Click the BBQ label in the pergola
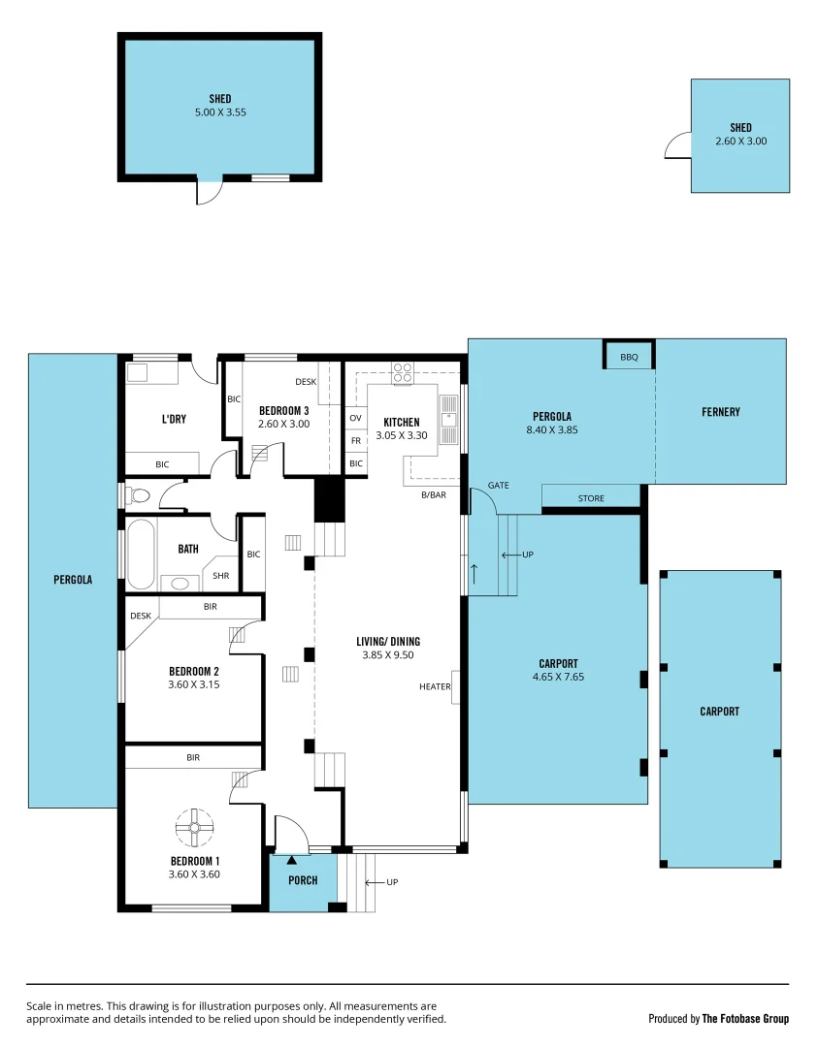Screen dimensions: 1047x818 (x=629, y=357)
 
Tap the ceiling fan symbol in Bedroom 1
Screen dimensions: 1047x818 (x=193, y=827)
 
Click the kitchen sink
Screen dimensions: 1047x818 (x=448, y=413)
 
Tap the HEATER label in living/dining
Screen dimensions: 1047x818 (x=435, y=686)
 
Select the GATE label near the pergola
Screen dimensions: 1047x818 (x=498, y=485)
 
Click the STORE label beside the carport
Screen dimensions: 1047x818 (x=591, y=498)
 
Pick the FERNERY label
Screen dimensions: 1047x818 (x=720, y=412)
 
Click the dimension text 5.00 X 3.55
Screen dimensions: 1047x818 (x=220, y=112)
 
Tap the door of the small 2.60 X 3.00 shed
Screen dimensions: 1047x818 (x=676, y=145)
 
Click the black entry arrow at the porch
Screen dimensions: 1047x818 (x=292, y=859)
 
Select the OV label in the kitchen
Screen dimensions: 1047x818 (x=355, y=418)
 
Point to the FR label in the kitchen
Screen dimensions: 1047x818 (x=355, y=440)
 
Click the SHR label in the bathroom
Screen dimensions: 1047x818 (x=221, y=575)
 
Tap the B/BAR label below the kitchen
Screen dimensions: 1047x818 (x=434, y=495)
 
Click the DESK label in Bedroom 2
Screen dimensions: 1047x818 (x=141, y=616)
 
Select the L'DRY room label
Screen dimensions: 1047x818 (x=174, y=419)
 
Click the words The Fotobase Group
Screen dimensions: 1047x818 (x=745, y=1019)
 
